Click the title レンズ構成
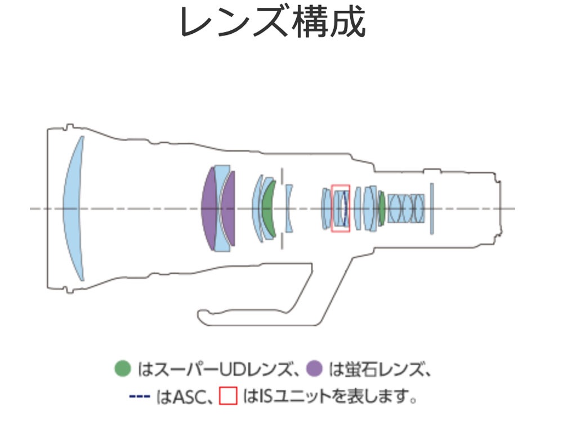[x=272, y=23]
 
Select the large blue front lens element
[x=73, y=208]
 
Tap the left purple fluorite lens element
[x=209, y=209]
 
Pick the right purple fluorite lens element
[x=229, y=209]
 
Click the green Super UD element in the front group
[x=269, y=209]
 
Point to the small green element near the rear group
[x=382, y=209]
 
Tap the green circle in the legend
[x=122, y=369]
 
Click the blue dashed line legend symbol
[x=139, y=396]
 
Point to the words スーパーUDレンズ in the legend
[x=221, y=369]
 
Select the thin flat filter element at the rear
[x=432, y=209]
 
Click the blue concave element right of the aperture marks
[x=289, y=208]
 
